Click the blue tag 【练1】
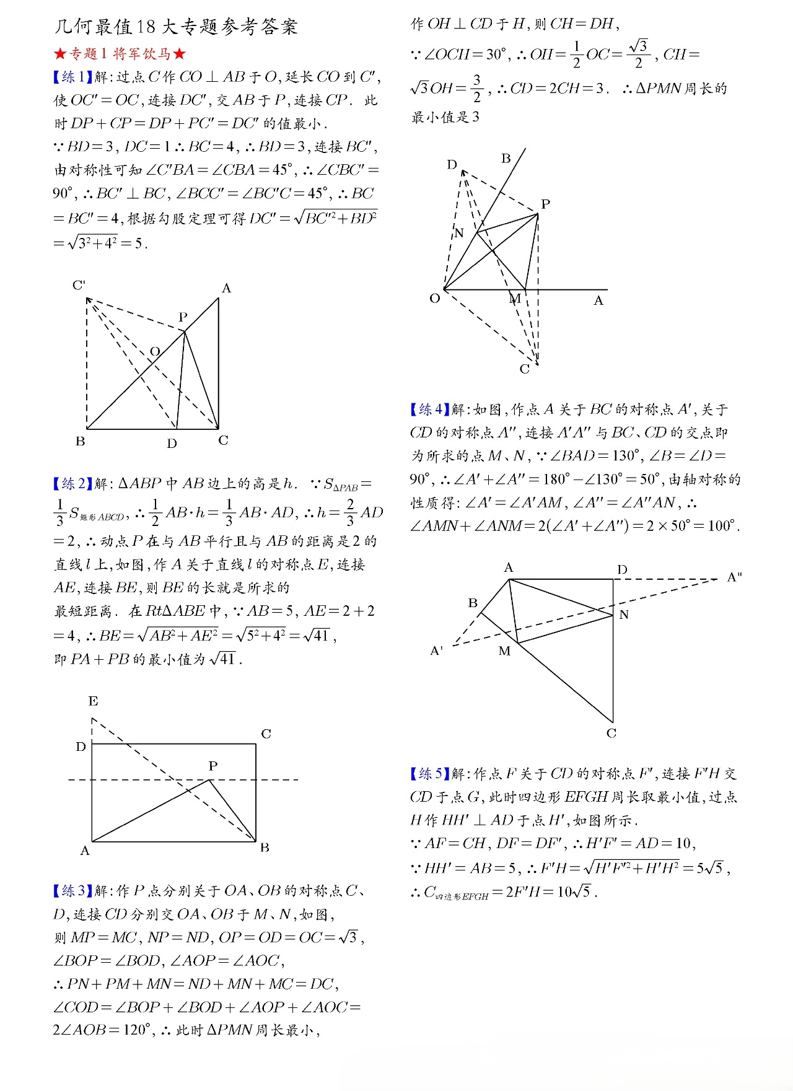pos(73,77)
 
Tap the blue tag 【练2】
pos(73,484)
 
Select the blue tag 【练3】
pos(73,891)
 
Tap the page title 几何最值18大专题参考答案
pos(177,27)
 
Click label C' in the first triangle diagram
pos(79,286)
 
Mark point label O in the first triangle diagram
pos(155,352)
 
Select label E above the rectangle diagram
pos(93,701)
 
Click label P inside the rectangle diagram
pos(213,766)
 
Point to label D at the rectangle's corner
pos(81,747)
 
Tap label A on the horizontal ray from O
pos(598,301)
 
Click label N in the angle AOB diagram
pos(459,233)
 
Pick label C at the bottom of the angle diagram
pos(525,370)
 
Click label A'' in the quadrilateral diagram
pos(735,577)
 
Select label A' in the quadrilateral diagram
pos(437,651)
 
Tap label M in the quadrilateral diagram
pos(505,651)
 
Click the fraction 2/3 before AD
pos(351,512)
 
